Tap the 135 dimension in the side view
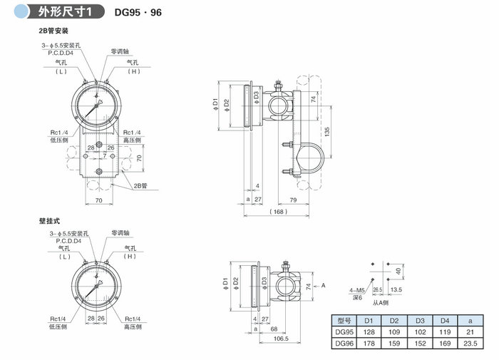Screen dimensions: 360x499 pos(327,132)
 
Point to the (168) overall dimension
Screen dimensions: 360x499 pos(278,212)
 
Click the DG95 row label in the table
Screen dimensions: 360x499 pos(344,332)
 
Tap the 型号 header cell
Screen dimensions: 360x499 pos(344,320)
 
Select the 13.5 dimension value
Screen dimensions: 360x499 pos(396,290)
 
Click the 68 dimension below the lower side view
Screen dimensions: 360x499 pos(274,329)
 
